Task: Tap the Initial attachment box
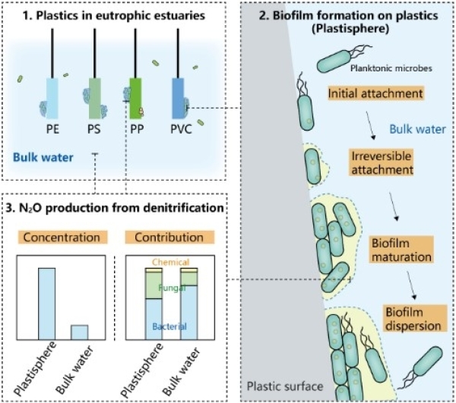[x=366, y=94]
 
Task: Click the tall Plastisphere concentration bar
[x=46, y=304]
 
